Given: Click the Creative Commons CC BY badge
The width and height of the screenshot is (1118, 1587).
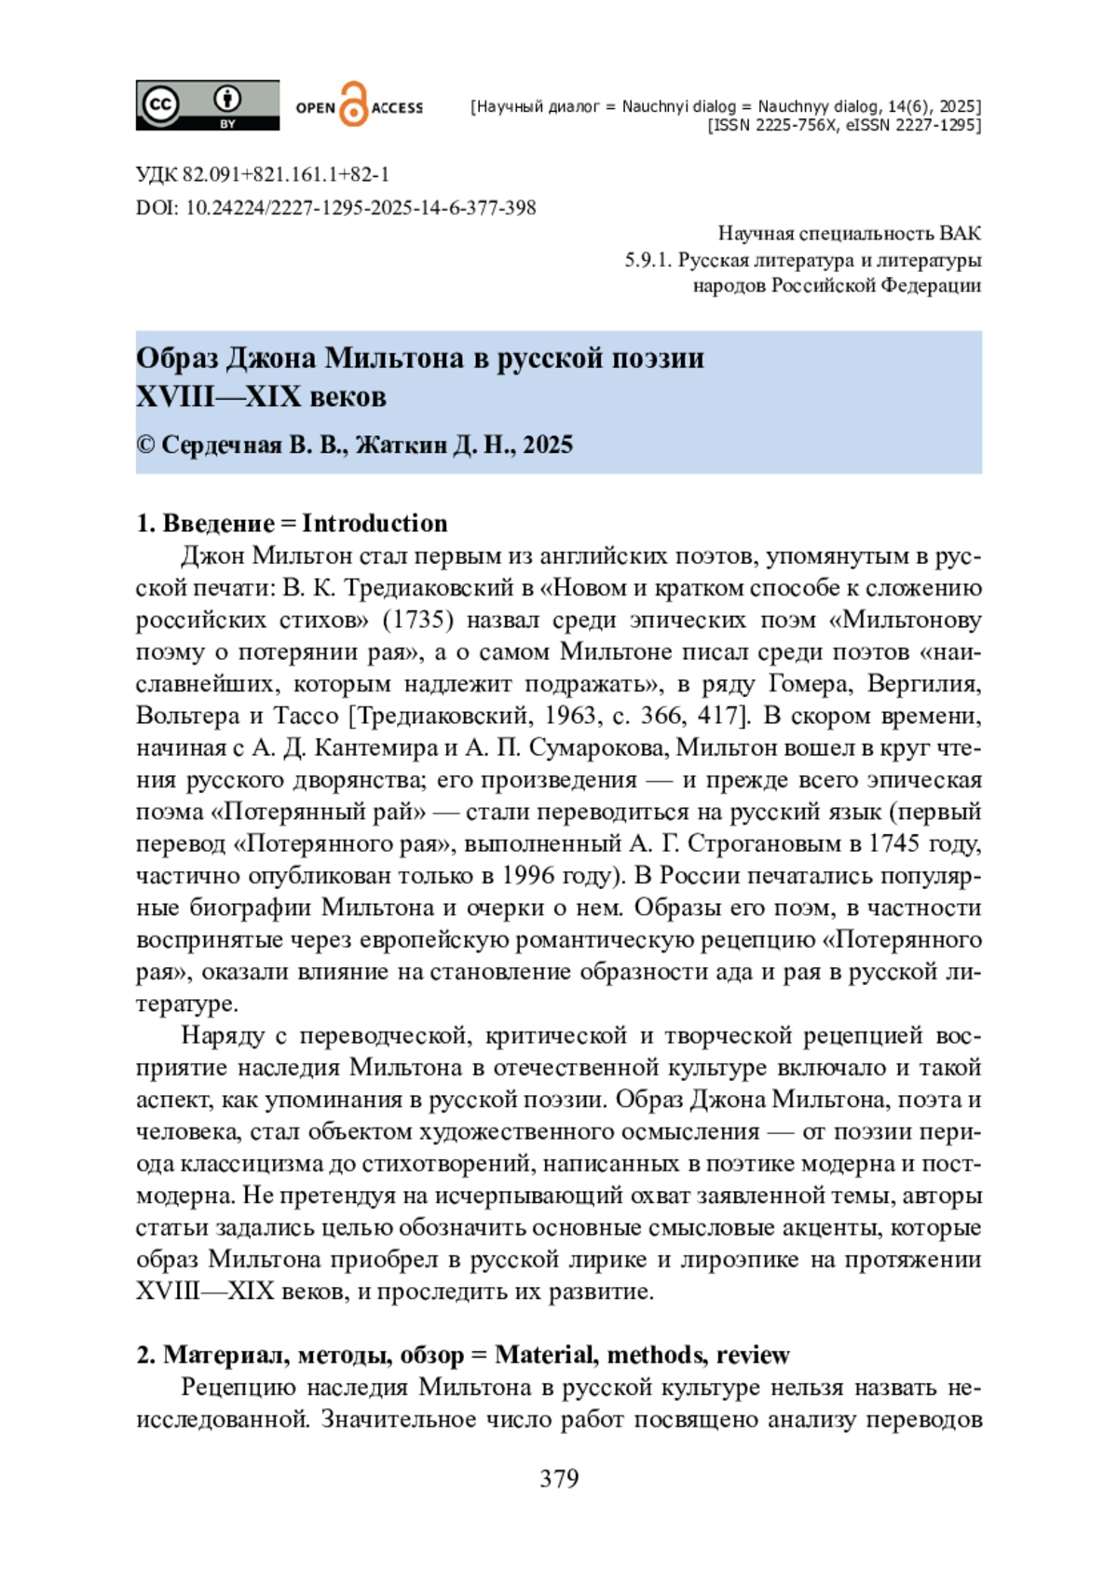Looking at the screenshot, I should (x=207, y=105).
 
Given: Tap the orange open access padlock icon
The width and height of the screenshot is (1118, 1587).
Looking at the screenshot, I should (x=353, y=104).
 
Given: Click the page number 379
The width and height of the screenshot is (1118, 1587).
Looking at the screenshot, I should (x=559, y=1479).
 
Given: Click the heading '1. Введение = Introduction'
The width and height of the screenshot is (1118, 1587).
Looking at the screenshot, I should (x=292, y=523).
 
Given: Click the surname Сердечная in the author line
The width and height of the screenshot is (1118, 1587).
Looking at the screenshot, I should (x=221, y=445).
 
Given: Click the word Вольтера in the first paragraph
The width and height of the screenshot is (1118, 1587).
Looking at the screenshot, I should (x=188, y=716).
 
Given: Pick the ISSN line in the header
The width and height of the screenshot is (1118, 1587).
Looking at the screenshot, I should (x=844, y=125).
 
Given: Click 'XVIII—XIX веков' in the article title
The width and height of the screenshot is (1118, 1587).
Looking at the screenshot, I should (x=261, y=397).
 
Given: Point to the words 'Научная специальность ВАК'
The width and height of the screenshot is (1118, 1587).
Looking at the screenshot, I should (x=849, y=234).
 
